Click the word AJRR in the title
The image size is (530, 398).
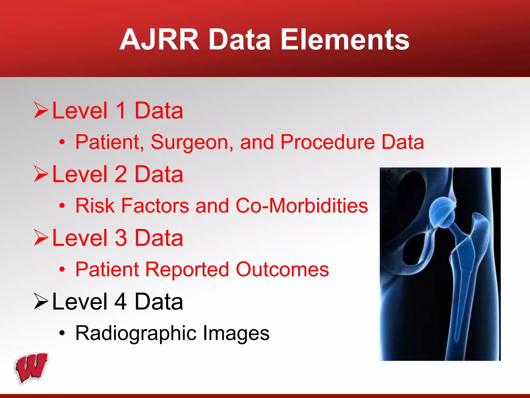pos(159,40)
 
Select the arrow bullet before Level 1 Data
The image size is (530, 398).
pos(41,110)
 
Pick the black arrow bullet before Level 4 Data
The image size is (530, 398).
pos(41,301)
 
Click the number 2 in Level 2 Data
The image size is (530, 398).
pos(121,174)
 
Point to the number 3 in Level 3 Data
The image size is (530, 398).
pos(121,238)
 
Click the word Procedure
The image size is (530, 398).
pos(327,142)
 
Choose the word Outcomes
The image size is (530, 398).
pos(282,269)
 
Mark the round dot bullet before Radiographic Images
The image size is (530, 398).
pos(62,333)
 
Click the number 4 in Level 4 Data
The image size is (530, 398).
pos(121,301)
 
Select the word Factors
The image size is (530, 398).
pos(155,206)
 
